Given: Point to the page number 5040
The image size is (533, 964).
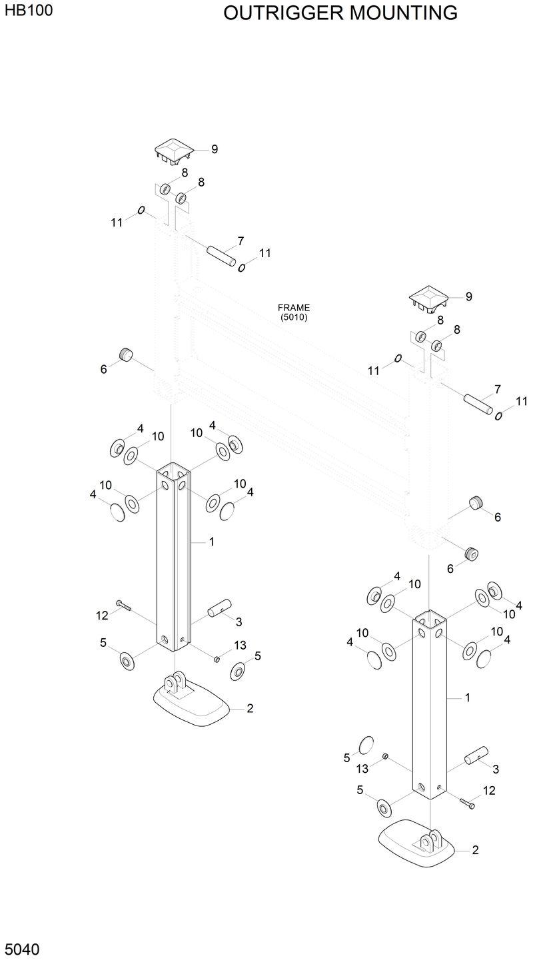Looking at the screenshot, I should point(22,949).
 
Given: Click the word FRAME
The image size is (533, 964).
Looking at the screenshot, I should point(294,308).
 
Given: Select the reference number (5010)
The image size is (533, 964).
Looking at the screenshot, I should point(294,318).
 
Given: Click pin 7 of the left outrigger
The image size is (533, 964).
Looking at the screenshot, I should point(221,256).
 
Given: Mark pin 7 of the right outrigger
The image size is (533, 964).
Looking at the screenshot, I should point(478,404).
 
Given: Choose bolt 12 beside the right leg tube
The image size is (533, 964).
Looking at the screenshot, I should point(467,803).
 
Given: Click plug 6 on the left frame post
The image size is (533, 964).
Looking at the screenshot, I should point(124,354).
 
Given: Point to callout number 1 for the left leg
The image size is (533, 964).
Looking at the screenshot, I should point(211,542).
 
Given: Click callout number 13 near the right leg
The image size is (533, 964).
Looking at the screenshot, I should point(362,769).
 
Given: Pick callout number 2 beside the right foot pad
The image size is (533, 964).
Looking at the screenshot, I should point(475,850).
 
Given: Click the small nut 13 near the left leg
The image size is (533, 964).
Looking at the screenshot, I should point(217,659).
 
